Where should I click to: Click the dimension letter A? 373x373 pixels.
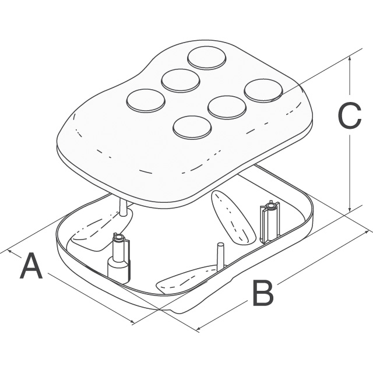click(31, 266)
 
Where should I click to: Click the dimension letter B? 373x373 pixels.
click(263, 293)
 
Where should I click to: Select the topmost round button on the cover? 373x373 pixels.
click(206, 58)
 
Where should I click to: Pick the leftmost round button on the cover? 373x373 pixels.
click(146, 101)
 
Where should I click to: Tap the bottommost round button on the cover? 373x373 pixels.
click(192, 128)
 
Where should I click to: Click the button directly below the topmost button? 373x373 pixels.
click(180, 80)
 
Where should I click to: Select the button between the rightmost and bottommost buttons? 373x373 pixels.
click(227, 107)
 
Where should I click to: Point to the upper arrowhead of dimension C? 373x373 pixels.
click(349, 59)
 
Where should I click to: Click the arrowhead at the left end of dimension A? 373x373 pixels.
click(11, 251)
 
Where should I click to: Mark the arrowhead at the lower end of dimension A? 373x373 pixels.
click(131, 321)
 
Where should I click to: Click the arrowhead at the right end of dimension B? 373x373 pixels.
click(365, 233)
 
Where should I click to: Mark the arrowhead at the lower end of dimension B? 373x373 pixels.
click(200, 328)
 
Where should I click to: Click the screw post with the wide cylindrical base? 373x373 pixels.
click(119, 259)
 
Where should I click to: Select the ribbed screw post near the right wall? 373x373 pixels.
click(270, 222)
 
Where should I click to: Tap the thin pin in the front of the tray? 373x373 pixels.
click(220, 257)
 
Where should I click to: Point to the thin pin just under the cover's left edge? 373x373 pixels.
click(123, 207)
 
